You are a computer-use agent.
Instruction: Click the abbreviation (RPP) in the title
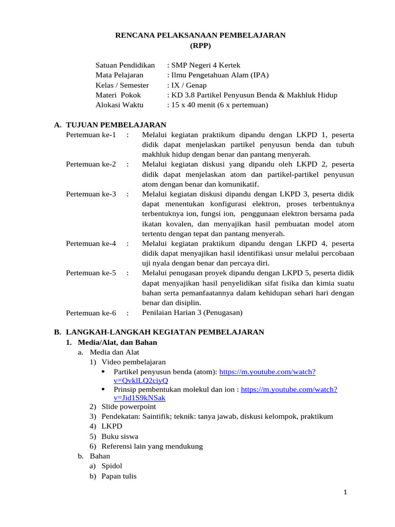[200, 45]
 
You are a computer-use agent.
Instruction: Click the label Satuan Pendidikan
[125, 65]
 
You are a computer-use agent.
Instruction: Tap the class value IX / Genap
[188, 85]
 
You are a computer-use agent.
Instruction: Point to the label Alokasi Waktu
[120, 105]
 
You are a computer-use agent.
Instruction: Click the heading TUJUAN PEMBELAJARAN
[116, 125]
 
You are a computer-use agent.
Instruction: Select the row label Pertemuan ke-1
[91, 135]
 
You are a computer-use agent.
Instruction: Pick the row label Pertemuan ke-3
[91, 194]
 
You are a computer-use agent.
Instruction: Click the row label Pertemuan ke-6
[91, 312]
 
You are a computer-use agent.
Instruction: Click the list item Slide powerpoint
[129, 407]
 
